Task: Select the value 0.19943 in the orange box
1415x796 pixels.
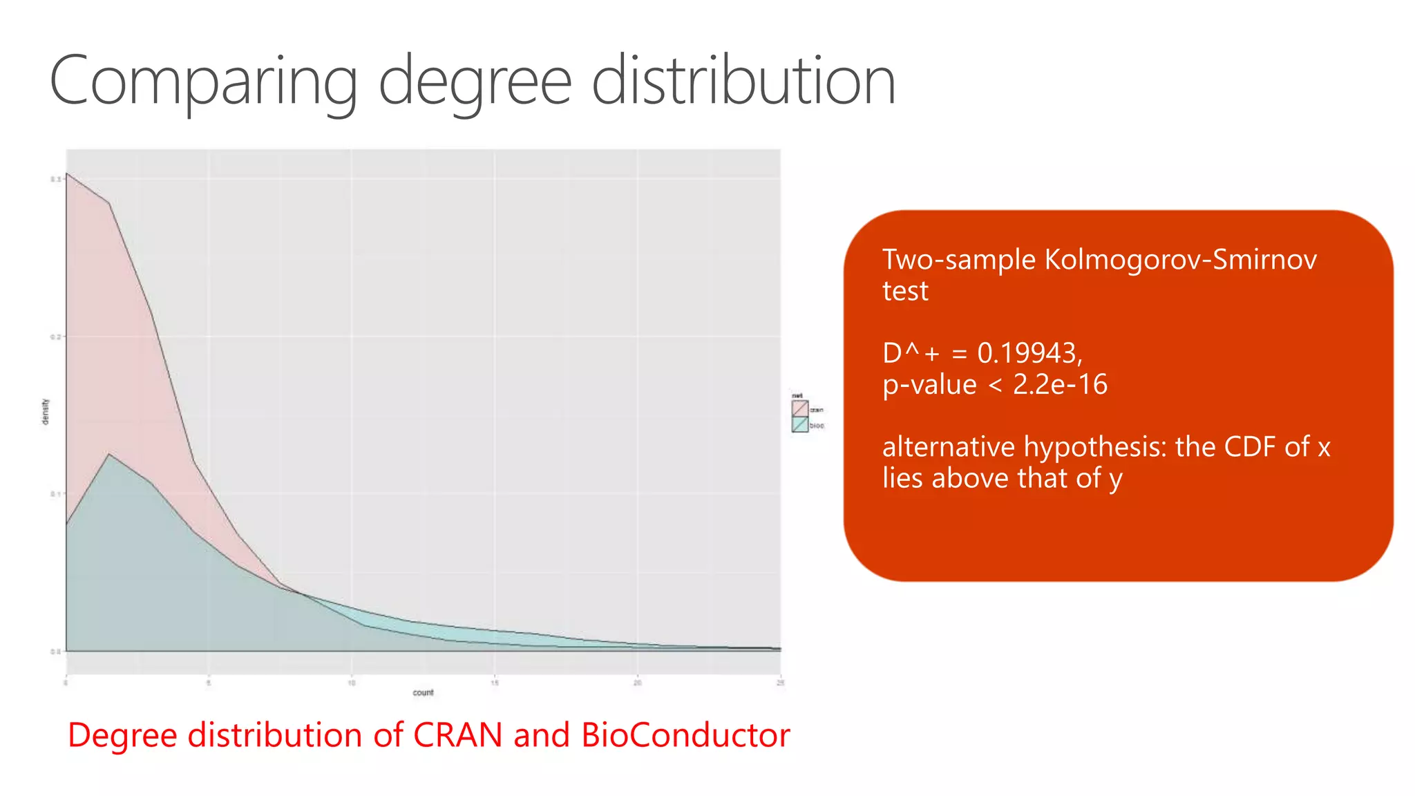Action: pos(1027,353)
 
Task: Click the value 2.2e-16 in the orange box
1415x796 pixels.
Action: pos(1060,385)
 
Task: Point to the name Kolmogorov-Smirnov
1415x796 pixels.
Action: pos(1180,260)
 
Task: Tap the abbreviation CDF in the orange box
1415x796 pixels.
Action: pos(1250,447)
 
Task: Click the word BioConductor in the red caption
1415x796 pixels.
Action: pos(685,735)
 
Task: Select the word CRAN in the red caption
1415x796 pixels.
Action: pos(457,735)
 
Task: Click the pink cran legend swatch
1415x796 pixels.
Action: pos(799,409)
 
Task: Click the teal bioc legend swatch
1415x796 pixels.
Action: pos(799,425)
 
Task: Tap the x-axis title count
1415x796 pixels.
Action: pos(423,692)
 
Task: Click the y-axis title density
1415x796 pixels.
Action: pos(46,412)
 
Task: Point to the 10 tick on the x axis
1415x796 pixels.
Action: pos(352,683)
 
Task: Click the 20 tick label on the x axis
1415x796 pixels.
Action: pos(637,683)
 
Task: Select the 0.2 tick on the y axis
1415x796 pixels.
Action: pos(55,337)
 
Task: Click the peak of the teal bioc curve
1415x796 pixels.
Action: pos(108,454)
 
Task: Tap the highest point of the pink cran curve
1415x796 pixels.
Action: pos(67,173)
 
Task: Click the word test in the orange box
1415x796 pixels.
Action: pos(905,292)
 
